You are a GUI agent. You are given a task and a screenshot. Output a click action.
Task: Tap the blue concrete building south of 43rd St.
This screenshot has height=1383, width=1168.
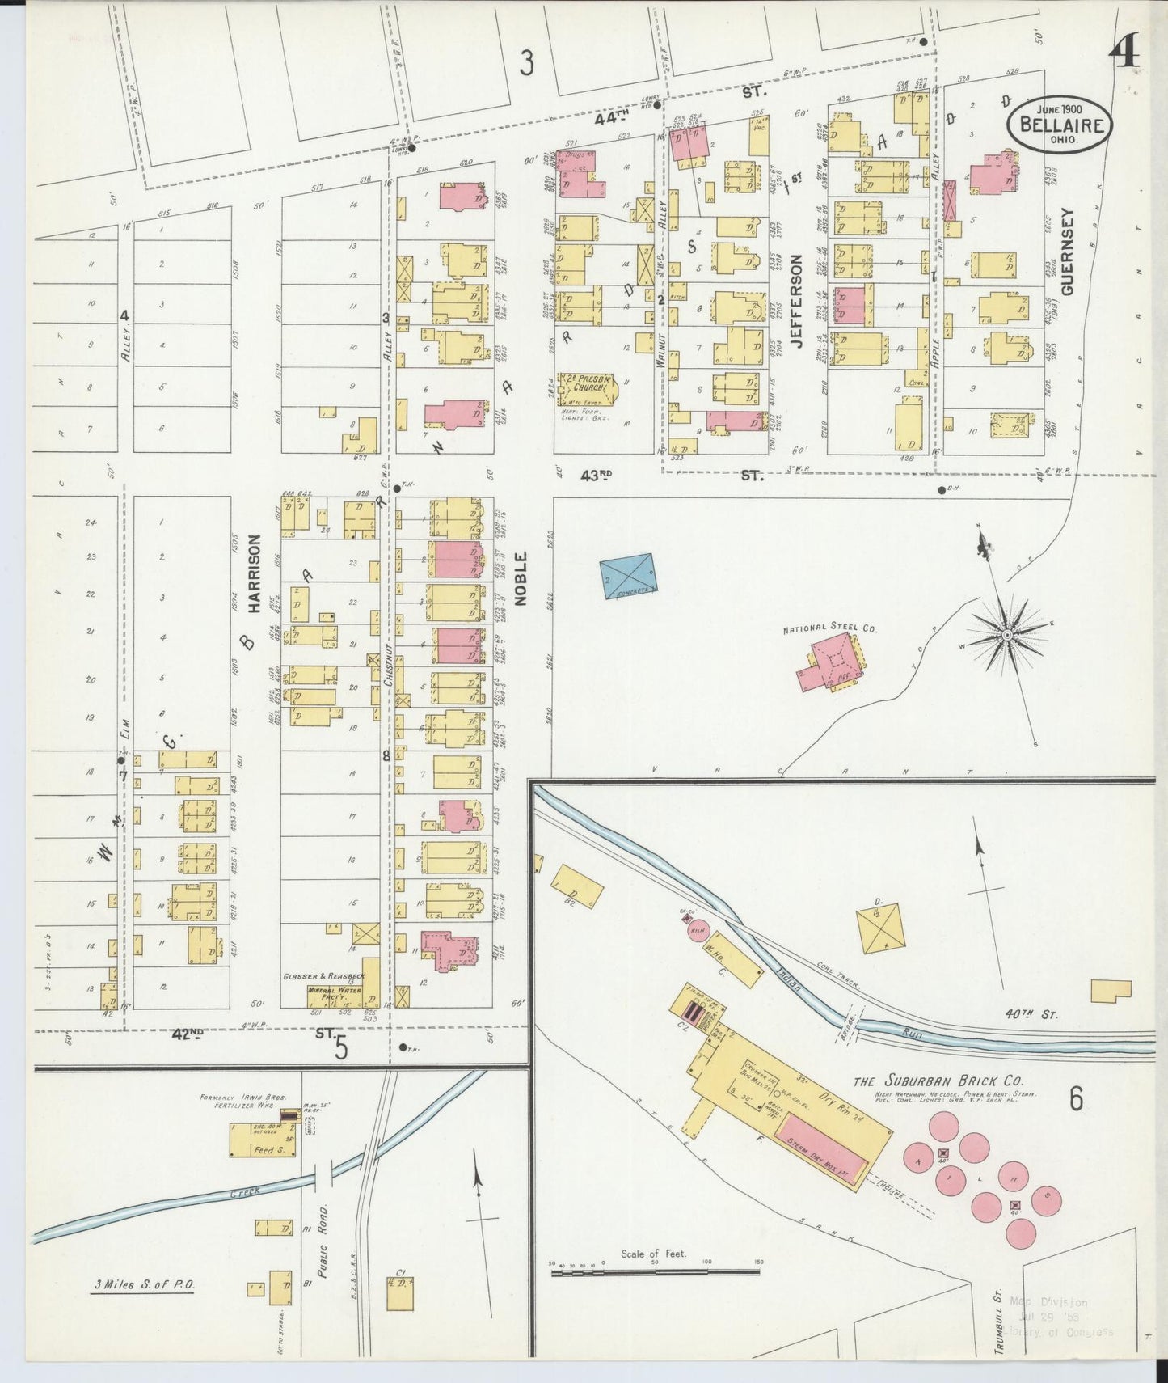[x=628, y=576]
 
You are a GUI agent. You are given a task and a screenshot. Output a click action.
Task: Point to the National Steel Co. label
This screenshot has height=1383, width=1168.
[x=830, y=627]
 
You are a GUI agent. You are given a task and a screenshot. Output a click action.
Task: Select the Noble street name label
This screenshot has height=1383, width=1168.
[x=521, y=578]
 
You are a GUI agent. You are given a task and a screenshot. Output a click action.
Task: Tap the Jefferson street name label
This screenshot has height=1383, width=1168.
[x=796, y=301]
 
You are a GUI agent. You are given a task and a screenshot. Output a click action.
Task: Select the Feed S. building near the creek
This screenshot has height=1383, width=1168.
[x=264, y=1148]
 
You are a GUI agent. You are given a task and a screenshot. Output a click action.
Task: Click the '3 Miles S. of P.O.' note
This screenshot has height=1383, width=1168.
[x=142, y=1284]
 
